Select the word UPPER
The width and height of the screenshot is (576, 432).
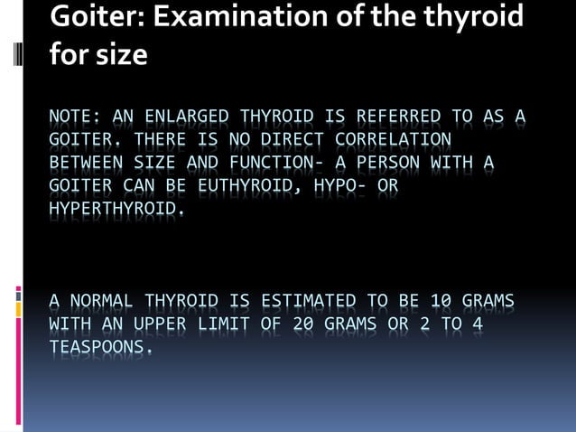pos(161,324)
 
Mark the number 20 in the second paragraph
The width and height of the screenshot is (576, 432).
pos(303,324)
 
